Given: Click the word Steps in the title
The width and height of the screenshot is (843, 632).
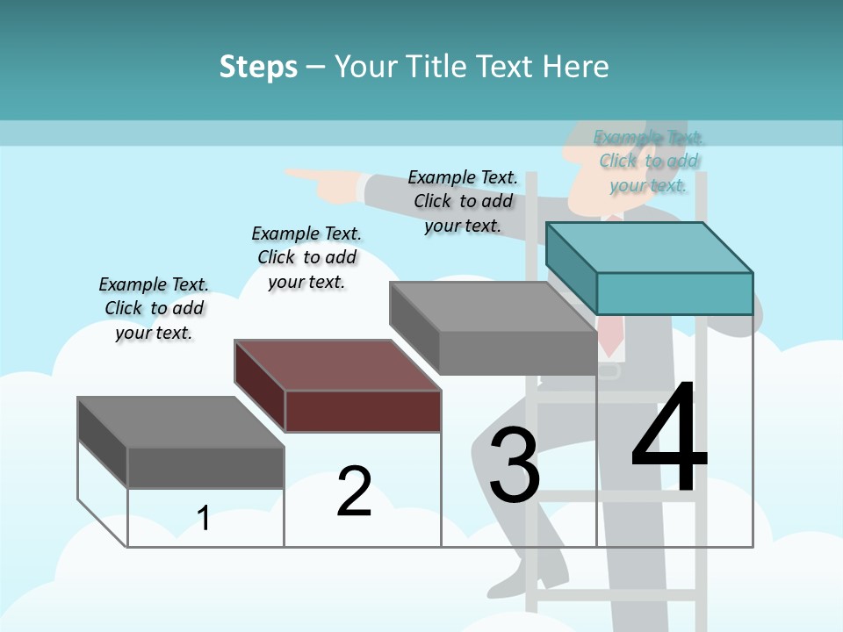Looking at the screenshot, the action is (x=258, y=67).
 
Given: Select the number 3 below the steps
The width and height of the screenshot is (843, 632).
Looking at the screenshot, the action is (x=515, y=465).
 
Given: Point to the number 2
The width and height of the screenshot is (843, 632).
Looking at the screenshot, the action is (x=354, y=492).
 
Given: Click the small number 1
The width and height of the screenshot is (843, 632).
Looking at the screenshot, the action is (x=204, y=518).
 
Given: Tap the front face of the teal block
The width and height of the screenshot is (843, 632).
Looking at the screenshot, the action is (x=674, y=293).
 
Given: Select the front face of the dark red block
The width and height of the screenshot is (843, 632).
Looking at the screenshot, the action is (x=363, y=411).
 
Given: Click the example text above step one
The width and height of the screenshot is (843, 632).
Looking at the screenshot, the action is (x=154, y=308).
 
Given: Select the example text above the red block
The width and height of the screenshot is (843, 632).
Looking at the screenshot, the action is (x=306, y=257).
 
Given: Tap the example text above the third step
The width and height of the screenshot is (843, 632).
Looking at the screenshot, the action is (x=463, y=201).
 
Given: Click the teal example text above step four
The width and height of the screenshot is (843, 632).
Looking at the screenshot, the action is (x=649, y=161).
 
